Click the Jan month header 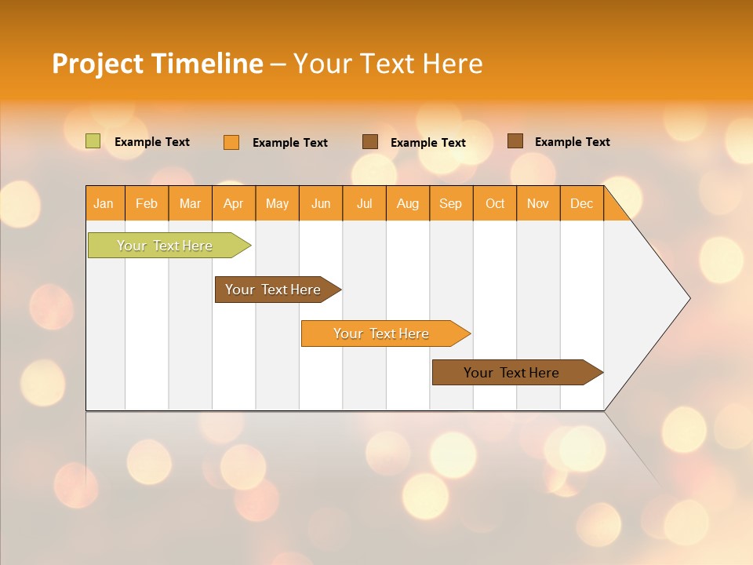click(x=104, y=203)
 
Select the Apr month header click(x=234, y=203)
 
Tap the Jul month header click(x=365, y=203)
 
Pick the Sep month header click(x=451, y=203)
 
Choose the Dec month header click(x=582, y=203)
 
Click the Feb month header click(x=147, y=203)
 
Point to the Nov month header click(x=538, y=203)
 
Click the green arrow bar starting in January click(x=165, y=246)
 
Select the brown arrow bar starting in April click(x=273, y=290)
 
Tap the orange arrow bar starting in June click(x=381, y=334)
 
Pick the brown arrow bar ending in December click(x=511, y=373)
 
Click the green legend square click(x=93, y=141)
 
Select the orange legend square click(x=231, y=142)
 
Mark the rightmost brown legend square click(x=515, y=141)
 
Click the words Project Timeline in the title click(x=157, y=64)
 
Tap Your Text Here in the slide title click(x=387, y=64)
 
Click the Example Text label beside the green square click(x=152, y=142)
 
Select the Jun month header click(x=321, y=203)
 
